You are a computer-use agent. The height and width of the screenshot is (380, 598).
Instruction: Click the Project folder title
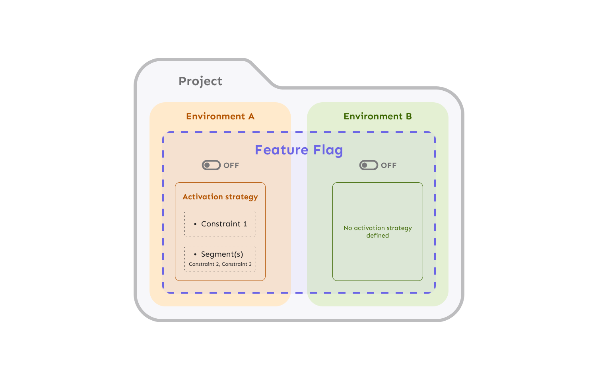[x=200, y=81]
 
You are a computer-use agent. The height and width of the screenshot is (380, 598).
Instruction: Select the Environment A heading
[x=220, y=116]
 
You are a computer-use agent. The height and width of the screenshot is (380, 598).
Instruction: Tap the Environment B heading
[x=377, y=116]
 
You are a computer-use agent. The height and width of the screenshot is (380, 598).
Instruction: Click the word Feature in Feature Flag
[x=281, y=150]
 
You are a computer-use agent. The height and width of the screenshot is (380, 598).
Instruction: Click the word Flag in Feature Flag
[x=328, y=150]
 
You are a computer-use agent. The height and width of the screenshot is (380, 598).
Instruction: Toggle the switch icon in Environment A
[x=211, y=165]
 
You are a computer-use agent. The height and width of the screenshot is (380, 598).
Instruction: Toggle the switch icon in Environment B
[x=369, y=165]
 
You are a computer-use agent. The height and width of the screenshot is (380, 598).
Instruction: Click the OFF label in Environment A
[x=231, y=166]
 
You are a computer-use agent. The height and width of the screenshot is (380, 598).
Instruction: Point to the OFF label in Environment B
[x=388, y=166]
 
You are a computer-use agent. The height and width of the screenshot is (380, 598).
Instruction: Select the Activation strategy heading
[x=220, y=197]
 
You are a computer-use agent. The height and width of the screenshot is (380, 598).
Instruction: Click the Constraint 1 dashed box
[x=220, y=224]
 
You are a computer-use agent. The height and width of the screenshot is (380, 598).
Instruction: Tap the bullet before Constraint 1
[x=195, y=224]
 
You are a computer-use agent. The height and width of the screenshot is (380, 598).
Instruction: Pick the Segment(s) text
[x=222, y=254]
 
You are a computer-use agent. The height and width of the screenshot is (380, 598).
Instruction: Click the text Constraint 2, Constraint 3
[x=220, y=264]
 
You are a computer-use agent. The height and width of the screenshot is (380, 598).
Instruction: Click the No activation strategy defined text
[x=377, y=232]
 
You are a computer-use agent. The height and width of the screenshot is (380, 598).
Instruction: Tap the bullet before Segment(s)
[x=195, y=254]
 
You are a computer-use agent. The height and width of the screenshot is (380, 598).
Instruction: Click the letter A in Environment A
[x=251, y=116]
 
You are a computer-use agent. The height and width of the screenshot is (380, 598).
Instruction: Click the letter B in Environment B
[x=409, y=116]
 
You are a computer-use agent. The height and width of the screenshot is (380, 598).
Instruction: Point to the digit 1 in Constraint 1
[x=245, y=224]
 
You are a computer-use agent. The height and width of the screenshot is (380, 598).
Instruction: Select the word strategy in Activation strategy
[x=242, y=197]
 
